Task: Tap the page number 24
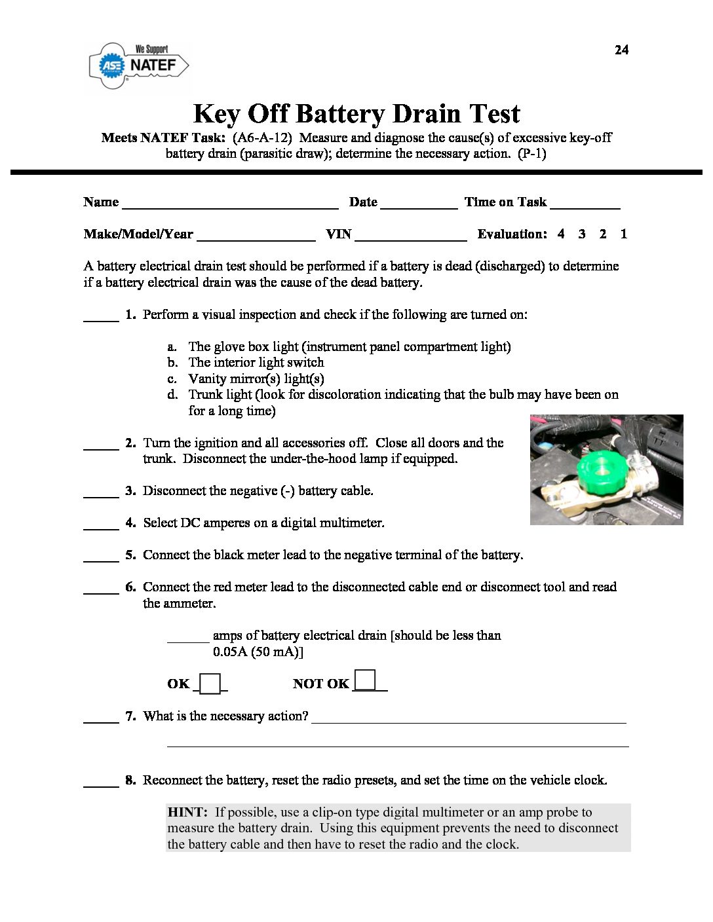(621, 50)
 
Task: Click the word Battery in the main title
(340, 114)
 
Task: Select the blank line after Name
(230, 203)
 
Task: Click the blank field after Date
(418, 203)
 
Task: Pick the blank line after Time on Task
(585, 203)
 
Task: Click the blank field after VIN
(410, 235)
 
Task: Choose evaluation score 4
(561, 234)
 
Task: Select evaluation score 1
(623, 234)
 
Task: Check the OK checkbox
(210, 684)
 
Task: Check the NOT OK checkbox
(365, 680)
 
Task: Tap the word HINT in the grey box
(187, 812)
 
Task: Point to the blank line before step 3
(101, 492)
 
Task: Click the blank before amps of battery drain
(187, 636)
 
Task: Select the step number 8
(130, 780)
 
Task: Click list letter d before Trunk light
(172, 394)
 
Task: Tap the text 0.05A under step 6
(229, 652)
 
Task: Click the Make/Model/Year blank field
(256, 235)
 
